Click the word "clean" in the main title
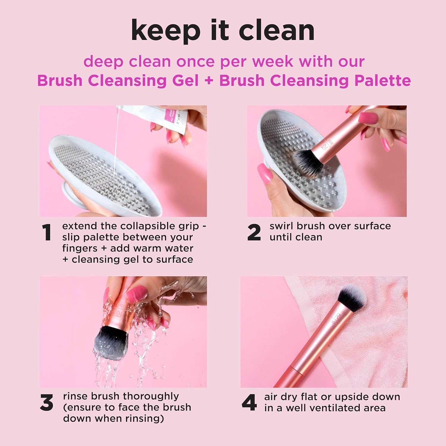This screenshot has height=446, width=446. click(276, 31)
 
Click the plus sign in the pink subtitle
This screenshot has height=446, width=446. click(209, 81)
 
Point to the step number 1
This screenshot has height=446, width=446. click(47, 233)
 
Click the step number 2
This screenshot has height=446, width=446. click(254, 233)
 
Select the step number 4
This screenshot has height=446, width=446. click(249, 403)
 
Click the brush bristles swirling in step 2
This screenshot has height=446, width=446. click(309, 165)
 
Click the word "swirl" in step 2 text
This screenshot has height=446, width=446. click(281, 226)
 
